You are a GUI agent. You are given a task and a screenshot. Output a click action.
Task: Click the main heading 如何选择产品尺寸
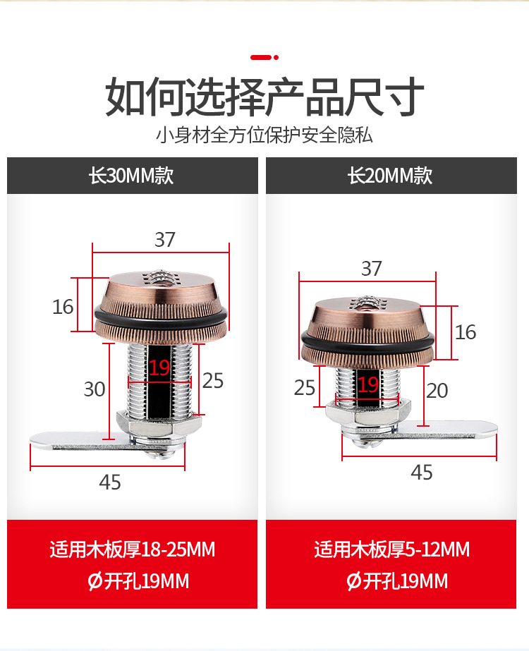[264, 97]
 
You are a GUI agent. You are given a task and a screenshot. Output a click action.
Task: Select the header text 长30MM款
[131, 176]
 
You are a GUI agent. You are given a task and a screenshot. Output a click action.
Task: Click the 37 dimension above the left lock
[164, 240]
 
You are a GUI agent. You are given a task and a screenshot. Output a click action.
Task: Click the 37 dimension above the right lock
[371, 269]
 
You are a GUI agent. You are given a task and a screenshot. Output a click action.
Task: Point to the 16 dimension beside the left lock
[63, 307]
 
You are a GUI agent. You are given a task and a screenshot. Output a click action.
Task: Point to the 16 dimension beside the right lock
[466, 331]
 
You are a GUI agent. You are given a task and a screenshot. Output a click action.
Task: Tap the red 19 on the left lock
[159, 367]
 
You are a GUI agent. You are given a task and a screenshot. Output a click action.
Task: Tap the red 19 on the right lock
[367, 384]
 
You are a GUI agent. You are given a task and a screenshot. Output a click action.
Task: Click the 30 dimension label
[94, 389]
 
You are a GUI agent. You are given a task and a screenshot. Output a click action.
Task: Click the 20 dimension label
[437, 390]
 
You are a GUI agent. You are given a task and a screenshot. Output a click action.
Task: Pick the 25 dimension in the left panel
[212, 381]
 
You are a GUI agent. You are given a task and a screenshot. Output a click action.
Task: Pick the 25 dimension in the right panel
[305, 387]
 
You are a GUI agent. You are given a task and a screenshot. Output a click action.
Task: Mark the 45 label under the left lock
[110, 482]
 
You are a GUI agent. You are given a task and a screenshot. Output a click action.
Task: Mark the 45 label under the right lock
[421, 472]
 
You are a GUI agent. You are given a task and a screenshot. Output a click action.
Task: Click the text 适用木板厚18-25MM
[132, 549]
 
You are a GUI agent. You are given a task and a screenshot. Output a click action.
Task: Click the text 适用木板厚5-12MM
[391, 549]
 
